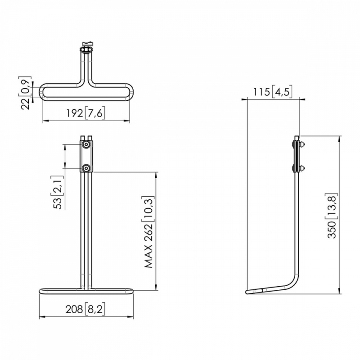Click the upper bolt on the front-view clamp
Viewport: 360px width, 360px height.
[86, 144]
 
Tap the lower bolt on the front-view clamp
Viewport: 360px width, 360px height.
[86, 168]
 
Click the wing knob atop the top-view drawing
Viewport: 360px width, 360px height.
[86, 43]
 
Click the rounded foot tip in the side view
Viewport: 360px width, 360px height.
[247, 292]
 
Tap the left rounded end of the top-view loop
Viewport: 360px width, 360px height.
[43, 92]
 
